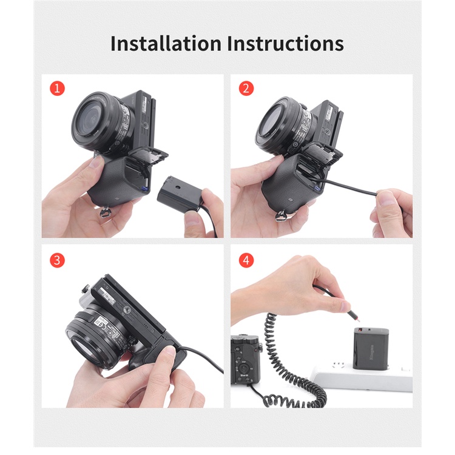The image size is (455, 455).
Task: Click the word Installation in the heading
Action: click(166, 44)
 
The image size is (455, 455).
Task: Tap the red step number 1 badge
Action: click(57, 89)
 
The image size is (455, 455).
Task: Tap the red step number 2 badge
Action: click(246, 89)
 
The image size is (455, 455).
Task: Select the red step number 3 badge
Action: click(57, 260)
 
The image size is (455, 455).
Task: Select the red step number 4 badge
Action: click(246, 260)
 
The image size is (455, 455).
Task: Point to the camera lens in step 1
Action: click(96, 122)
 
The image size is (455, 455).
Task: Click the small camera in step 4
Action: click(246, 358)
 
